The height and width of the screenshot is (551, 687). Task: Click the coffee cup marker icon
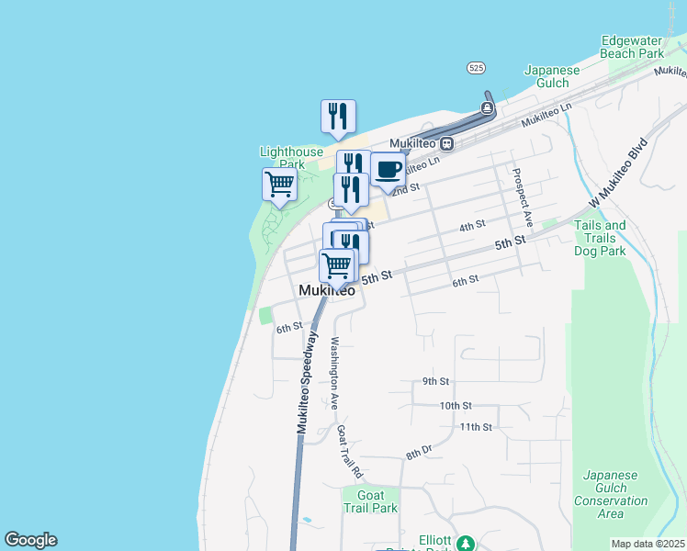click(389, 170)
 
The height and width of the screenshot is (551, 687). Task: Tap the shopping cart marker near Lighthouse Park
click(279, 184)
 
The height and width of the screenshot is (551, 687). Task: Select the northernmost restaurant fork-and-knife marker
click(338, 117)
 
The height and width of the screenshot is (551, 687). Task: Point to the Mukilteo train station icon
click(447, 143)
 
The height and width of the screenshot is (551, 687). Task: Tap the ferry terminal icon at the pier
click(487, 108)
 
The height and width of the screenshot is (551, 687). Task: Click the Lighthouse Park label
click(291, 158)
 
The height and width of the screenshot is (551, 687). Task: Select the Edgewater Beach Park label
click(632, 47)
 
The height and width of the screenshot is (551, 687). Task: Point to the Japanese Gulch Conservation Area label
click(611, 494)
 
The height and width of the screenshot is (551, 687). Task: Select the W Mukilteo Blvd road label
click(618, 174)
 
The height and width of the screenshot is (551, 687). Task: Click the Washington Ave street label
click(334, 373)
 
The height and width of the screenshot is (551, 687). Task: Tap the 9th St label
click(435, 381)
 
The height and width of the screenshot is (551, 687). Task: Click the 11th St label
click(477, 427)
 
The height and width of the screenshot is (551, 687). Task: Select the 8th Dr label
click(419, 451)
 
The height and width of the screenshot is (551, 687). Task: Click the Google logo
click(30, 540)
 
